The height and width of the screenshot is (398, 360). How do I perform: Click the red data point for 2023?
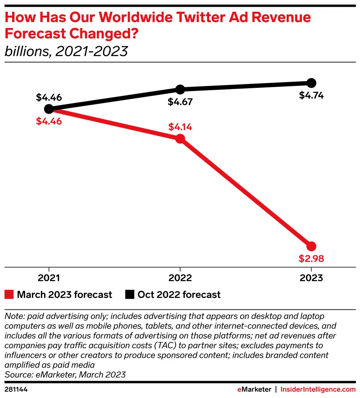[311, 246]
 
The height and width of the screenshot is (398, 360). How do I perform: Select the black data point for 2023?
[311, 83]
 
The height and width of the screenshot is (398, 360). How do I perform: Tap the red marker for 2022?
[180, 139]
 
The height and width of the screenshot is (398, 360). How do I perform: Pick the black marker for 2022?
[180, 89]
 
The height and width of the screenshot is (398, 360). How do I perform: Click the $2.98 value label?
[312, 259]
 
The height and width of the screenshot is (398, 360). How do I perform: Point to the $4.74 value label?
[311, 95]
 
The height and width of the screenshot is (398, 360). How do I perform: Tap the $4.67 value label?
[180, 102]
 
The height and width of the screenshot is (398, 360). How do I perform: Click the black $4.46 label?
[49, 97]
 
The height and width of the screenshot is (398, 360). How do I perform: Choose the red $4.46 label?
[49, 121]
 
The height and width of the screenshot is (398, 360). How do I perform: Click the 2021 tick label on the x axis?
[49, 278]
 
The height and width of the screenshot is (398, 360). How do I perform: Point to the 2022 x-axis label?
[180, 278]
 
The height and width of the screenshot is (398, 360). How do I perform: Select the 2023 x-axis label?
[311, 278]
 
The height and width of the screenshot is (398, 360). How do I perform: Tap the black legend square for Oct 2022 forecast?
[129, 294]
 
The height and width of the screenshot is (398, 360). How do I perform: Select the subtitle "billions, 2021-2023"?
[66, 51]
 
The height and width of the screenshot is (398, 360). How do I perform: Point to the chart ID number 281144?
[16, 389]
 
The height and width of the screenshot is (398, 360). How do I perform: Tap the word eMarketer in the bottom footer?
[255, 389]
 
